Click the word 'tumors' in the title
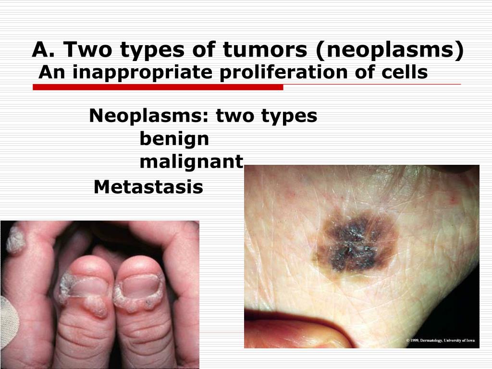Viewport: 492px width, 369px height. [265, 49]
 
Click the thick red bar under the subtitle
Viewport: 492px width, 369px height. [158, 87]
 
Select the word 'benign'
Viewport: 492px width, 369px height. [174, 139]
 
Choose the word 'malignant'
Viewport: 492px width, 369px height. [191, 162]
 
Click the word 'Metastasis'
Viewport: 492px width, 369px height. [148, 187]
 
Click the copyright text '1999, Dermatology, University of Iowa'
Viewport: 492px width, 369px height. [441, 340]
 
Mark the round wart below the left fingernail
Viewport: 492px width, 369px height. [96, 306]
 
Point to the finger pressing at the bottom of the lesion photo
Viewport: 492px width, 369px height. [298, 330]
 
